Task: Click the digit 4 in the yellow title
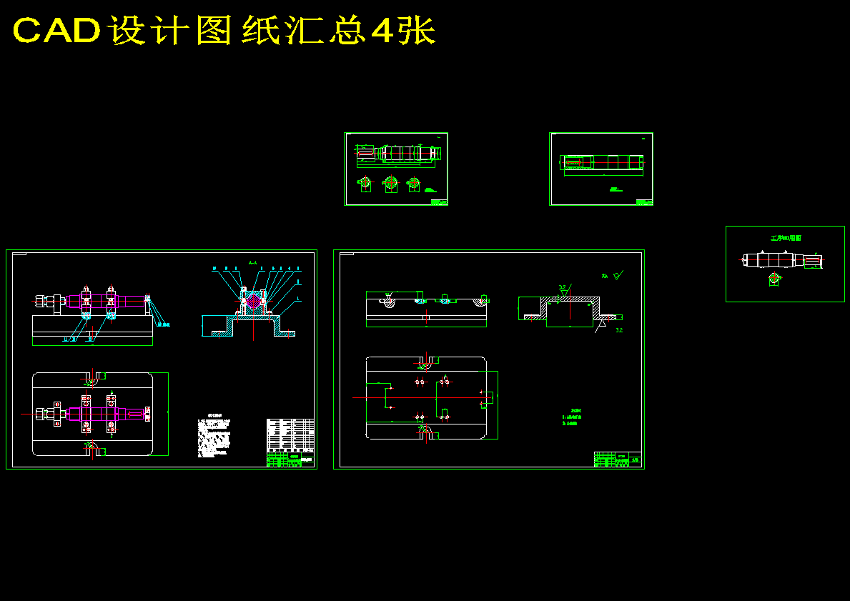click(382, 31)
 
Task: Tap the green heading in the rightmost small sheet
click(785, 238)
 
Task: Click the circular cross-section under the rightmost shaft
click(774, 279)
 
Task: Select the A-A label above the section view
click(253, 263)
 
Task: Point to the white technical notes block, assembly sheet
click(215, 435)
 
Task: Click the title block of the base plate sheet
click(618, 460)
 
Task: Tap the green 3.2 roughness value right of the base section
click(619, 330)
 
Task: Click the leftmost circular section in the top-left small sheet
click(365, 183)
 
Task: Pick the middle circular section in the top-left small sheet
click(390, 183)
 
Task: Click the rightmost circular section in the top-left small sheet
click(413, 184)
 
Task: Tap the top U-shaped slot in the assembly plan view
click(92, 377)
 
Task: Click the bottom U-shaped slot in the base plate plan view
click(425, 432)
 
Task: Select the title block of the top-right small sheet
click(644, 202)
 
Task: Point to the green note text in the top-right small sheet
click(614, 189)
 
